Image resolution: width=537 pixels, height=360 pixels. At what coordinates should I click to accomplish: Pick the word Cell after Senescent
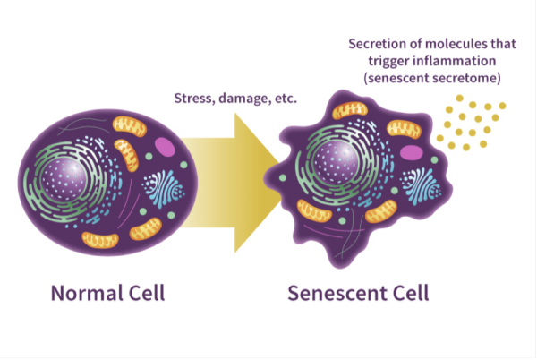coord(411,293)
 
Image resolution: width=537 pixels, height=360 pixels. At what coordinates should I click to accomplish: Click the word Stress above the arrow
coord(194,99)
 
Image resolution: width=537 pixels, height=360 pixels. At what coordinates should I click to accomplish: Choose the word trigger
coord(388,62)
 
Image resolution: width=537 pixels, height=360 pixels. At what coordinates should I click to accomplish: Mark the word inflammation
coord(454,61)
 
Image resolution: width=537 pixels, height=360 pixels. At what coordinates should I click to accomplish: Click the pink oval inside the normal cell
coord(165,147)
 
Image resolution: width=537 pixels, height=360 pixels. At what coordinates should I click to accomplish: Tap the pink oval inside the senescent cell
coord(411,152)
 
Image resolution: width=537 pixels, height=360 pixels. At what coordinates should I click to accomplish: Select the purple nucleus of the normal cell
coord(64,179)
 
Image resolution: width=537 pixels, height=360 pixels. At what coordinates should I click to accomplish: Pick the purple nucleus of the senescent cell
coord(336,163)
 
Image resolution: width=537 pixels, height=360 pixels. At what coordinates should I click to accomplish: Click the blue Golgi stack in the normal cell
coord(164,188)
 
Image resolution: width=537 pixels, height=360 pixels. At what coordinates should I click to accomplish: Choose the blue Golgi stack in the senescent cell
coord(421,185)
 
